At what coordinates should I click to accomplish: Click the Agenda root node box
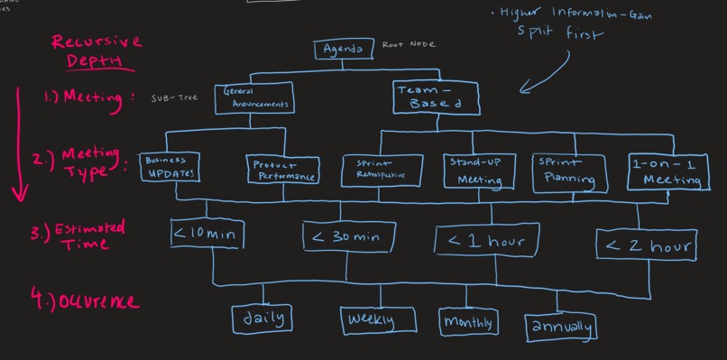click(342, 49)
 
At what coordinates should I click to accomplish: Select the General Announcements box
click(255, 97)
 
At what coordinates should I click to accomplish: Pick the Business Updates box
click(170, 166)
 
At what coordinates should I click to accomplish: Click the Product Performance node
click(282, 169)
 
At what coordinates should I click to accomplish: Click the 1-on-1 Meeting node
click(667, 171)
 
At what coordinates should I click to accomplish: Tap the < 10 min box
click(207, 235)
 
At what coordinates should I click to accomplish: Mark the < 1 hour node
click(488, 241)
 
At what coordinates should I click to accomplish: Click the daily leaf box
click(263, 318)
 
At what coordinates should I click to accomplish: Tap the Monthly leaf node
click(468, 321)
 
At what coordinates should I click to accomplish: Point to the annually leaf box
click(560, 327)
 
